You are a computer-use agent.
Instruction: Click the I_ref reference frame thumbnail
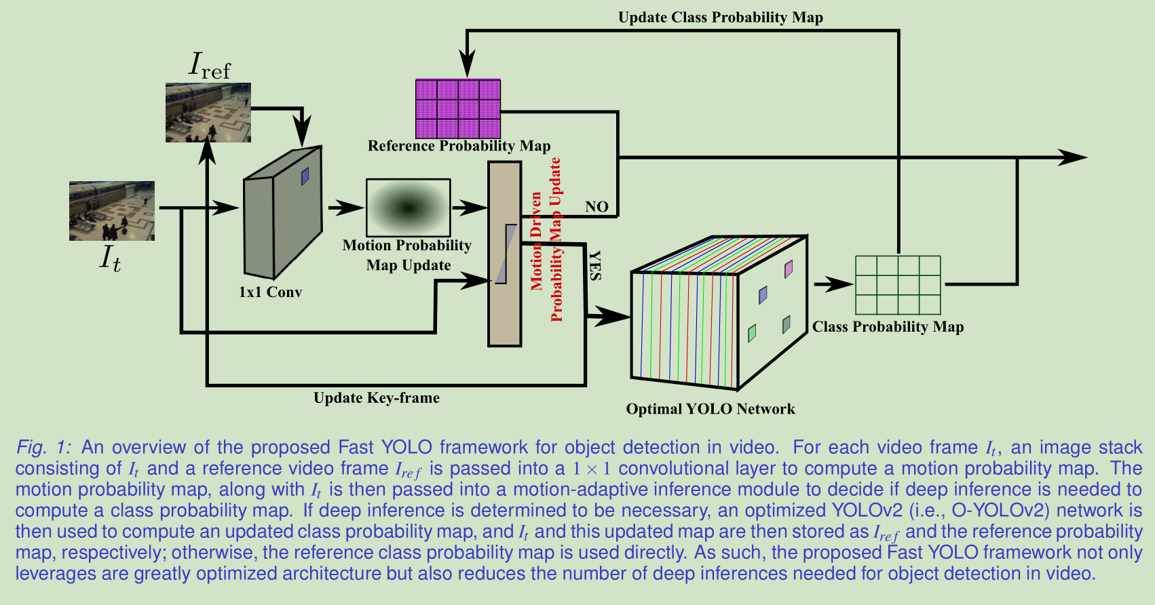[x=208, y=112]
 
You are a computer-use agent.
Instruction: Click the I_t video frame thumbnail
[x=112, y=210]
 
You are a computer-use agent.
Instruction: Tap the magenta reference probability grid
[x=458, y=109]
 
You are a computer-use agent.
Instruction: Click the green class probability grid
[x=898, y=285]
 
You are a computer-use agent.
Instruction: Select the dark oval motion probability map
[x=408, y=208]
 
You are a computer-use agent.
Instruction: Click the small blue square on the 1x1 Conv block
[x=305, y=176]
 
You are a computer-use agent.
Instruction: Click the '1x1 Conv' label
[x=270, y=292]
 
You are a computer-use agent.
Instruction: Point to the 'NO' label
[x=597, y=206]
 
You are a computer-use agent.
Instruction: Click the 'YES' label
[x=594, y=265]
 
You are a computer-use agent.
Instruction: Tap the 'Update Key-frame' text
[x=376, y=398]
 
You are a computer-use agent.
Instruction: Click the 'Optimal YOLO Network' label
[x=710, y=409]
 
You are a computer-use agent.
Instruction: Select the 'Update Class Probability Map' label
[x=720, y=18]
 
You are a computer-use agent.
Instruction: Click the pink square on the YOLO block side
[x=788, y=269]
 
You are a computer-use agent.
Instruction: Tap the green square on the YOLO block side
[x=752, y=333]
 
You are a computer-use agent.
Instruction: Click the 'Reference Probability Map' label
[x=459, y=146]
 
